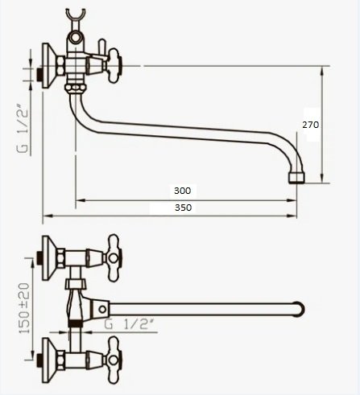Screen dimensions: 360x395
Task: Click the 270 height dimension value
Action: click(x=311, y=125)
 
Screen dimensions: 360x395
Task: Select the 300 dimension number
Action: click(x=183, y=191)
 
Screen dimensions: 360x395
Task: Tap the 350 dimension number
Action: click(x=184, y=208)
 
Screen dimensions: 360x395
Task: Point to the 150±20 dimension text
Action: click(x=24, y=308)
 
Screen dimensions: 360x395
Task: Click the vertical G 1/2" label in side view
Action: click(x=23, y=128)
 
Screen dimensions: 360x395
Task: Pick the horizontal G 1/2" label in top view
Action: click(x=130, y=325)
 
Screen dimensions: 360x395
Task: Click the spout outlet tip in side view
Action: click(x=296, y=179)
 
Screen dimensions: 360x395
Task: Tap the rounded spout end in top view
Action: click(x=300, y=310)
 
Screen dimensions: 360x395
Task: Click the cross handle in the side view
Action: click(x=114, y=66)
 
